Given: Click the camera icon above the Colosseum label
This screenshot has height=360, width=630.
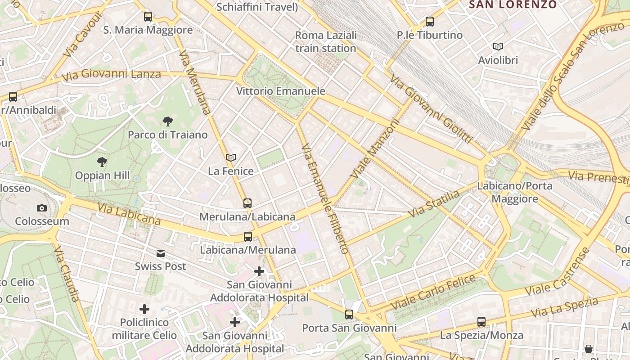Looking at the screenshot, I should tap(41, 208).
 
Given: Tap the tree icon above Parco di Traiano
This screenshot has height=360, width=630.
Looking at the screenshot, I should tap(168, 121).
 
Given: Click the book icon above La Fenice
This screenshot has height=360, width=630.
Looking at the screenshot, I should tap(231, 157).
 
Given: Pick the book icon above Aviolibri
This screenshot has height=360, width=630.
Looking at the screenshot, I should tap(498, 46).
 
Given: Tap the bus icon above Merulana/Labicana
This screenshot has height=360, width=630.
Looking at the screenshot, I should tap(247, 203).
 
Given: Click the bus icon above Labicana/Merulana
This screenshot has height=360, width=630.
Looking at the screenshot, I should tap(247, 236).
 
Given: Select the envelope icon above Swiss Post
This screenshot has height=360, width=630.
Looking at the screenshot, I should tap(161, 253).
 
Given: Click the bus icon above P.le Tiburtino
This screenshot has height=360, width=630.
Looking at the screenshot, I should tap(430, 21).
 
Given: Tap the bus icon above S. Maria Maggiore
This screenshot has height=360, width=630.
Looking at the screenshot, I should tap(148, 17).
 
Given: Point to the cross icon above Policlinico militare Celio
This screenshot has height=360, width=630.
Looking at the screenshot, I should tap(144, 309).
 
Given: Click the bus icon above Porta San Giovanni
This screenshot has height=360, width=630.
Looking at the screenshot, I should tap(349, 315).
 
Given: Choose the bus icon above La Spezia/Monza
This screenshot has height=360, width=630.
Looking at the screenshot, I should tap(481, 322).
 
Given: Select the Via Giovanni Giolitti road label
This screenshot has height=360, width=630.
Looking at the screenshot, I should tap(431, 109).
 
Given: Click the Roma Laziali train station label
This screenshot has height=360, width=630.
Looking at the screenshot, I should tap(326, 41).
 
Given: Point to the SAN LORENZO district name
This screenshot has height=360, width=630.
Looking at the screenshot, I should tap(513, 4).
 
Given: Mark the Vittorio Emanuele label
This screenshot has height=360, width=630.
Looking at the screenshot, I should tap(281, 91).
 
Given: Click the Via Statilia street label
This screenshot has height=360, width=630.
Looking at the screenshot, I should tap(434, 204).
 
